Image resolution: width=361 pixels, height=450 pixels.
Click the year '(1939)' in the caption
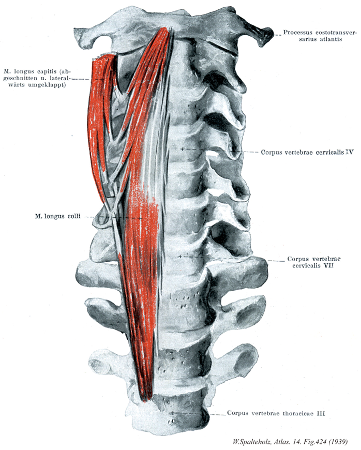pyautogui.click(x=337, y=441)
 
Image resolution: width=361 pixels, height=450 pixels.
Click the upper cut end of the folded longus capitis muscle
pyautogui.click(x=102, y=58)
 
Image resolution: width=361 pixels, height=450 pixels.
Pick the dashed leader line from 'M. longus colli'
pyautogui.click(x=111, y=217)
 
